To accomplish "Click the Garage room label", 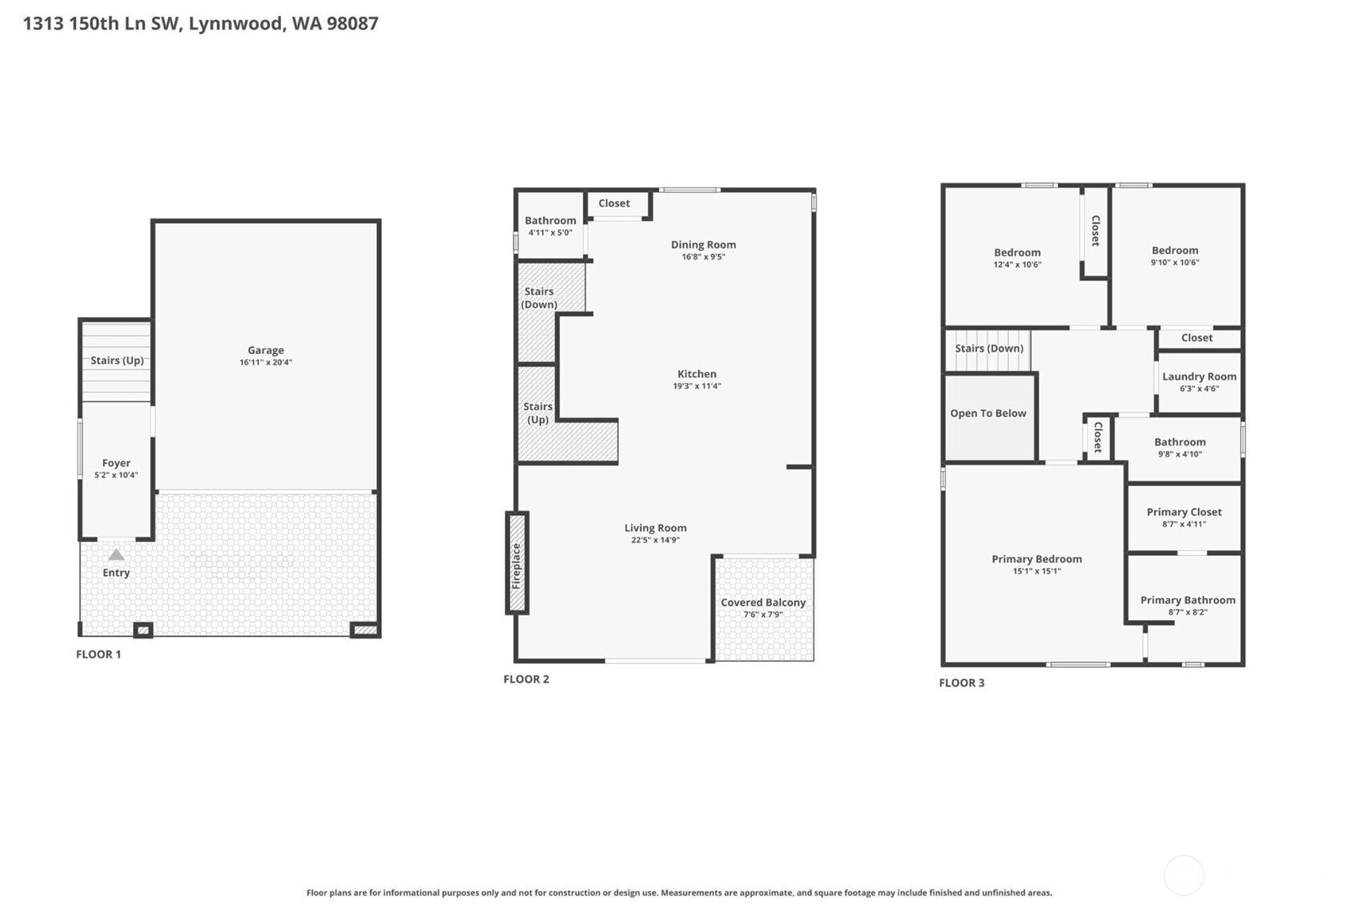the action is pos(266,350).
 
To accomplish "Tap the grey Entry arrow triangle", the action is pos(116,554).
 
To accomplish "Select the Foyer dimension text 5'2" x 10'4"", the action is pos(116,475).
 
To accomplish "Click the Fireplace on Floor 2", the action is pos(517,563).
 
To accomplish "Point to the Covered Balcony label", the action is pos(763,602).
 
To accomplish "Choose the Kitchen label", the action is pos(697,374).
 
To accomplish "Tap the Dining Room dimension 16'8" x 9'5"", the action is pos(703,256).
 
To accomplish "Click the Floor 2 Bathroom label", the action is pos(550,220).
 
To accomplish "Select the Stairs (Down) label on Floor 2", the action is pos(539,298).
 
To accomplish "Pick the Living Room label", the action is pos(655,528).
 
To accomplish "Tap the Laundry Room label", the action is pos(1199,376).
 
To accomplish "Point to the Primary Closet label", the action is pos(1184,512).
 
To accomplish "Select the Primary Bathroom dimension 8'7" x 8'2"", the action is pos(1188,612).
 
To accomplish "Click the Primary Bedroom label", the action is pos(1036,559).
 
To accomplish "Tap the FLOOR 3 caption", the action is pos(962,683).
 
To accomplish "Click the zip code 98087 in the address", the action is pos(352,23).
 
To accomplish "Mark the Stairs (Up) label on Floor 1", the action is pos(117,360).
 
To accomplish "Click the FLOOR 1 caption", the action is pos(99,654).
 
